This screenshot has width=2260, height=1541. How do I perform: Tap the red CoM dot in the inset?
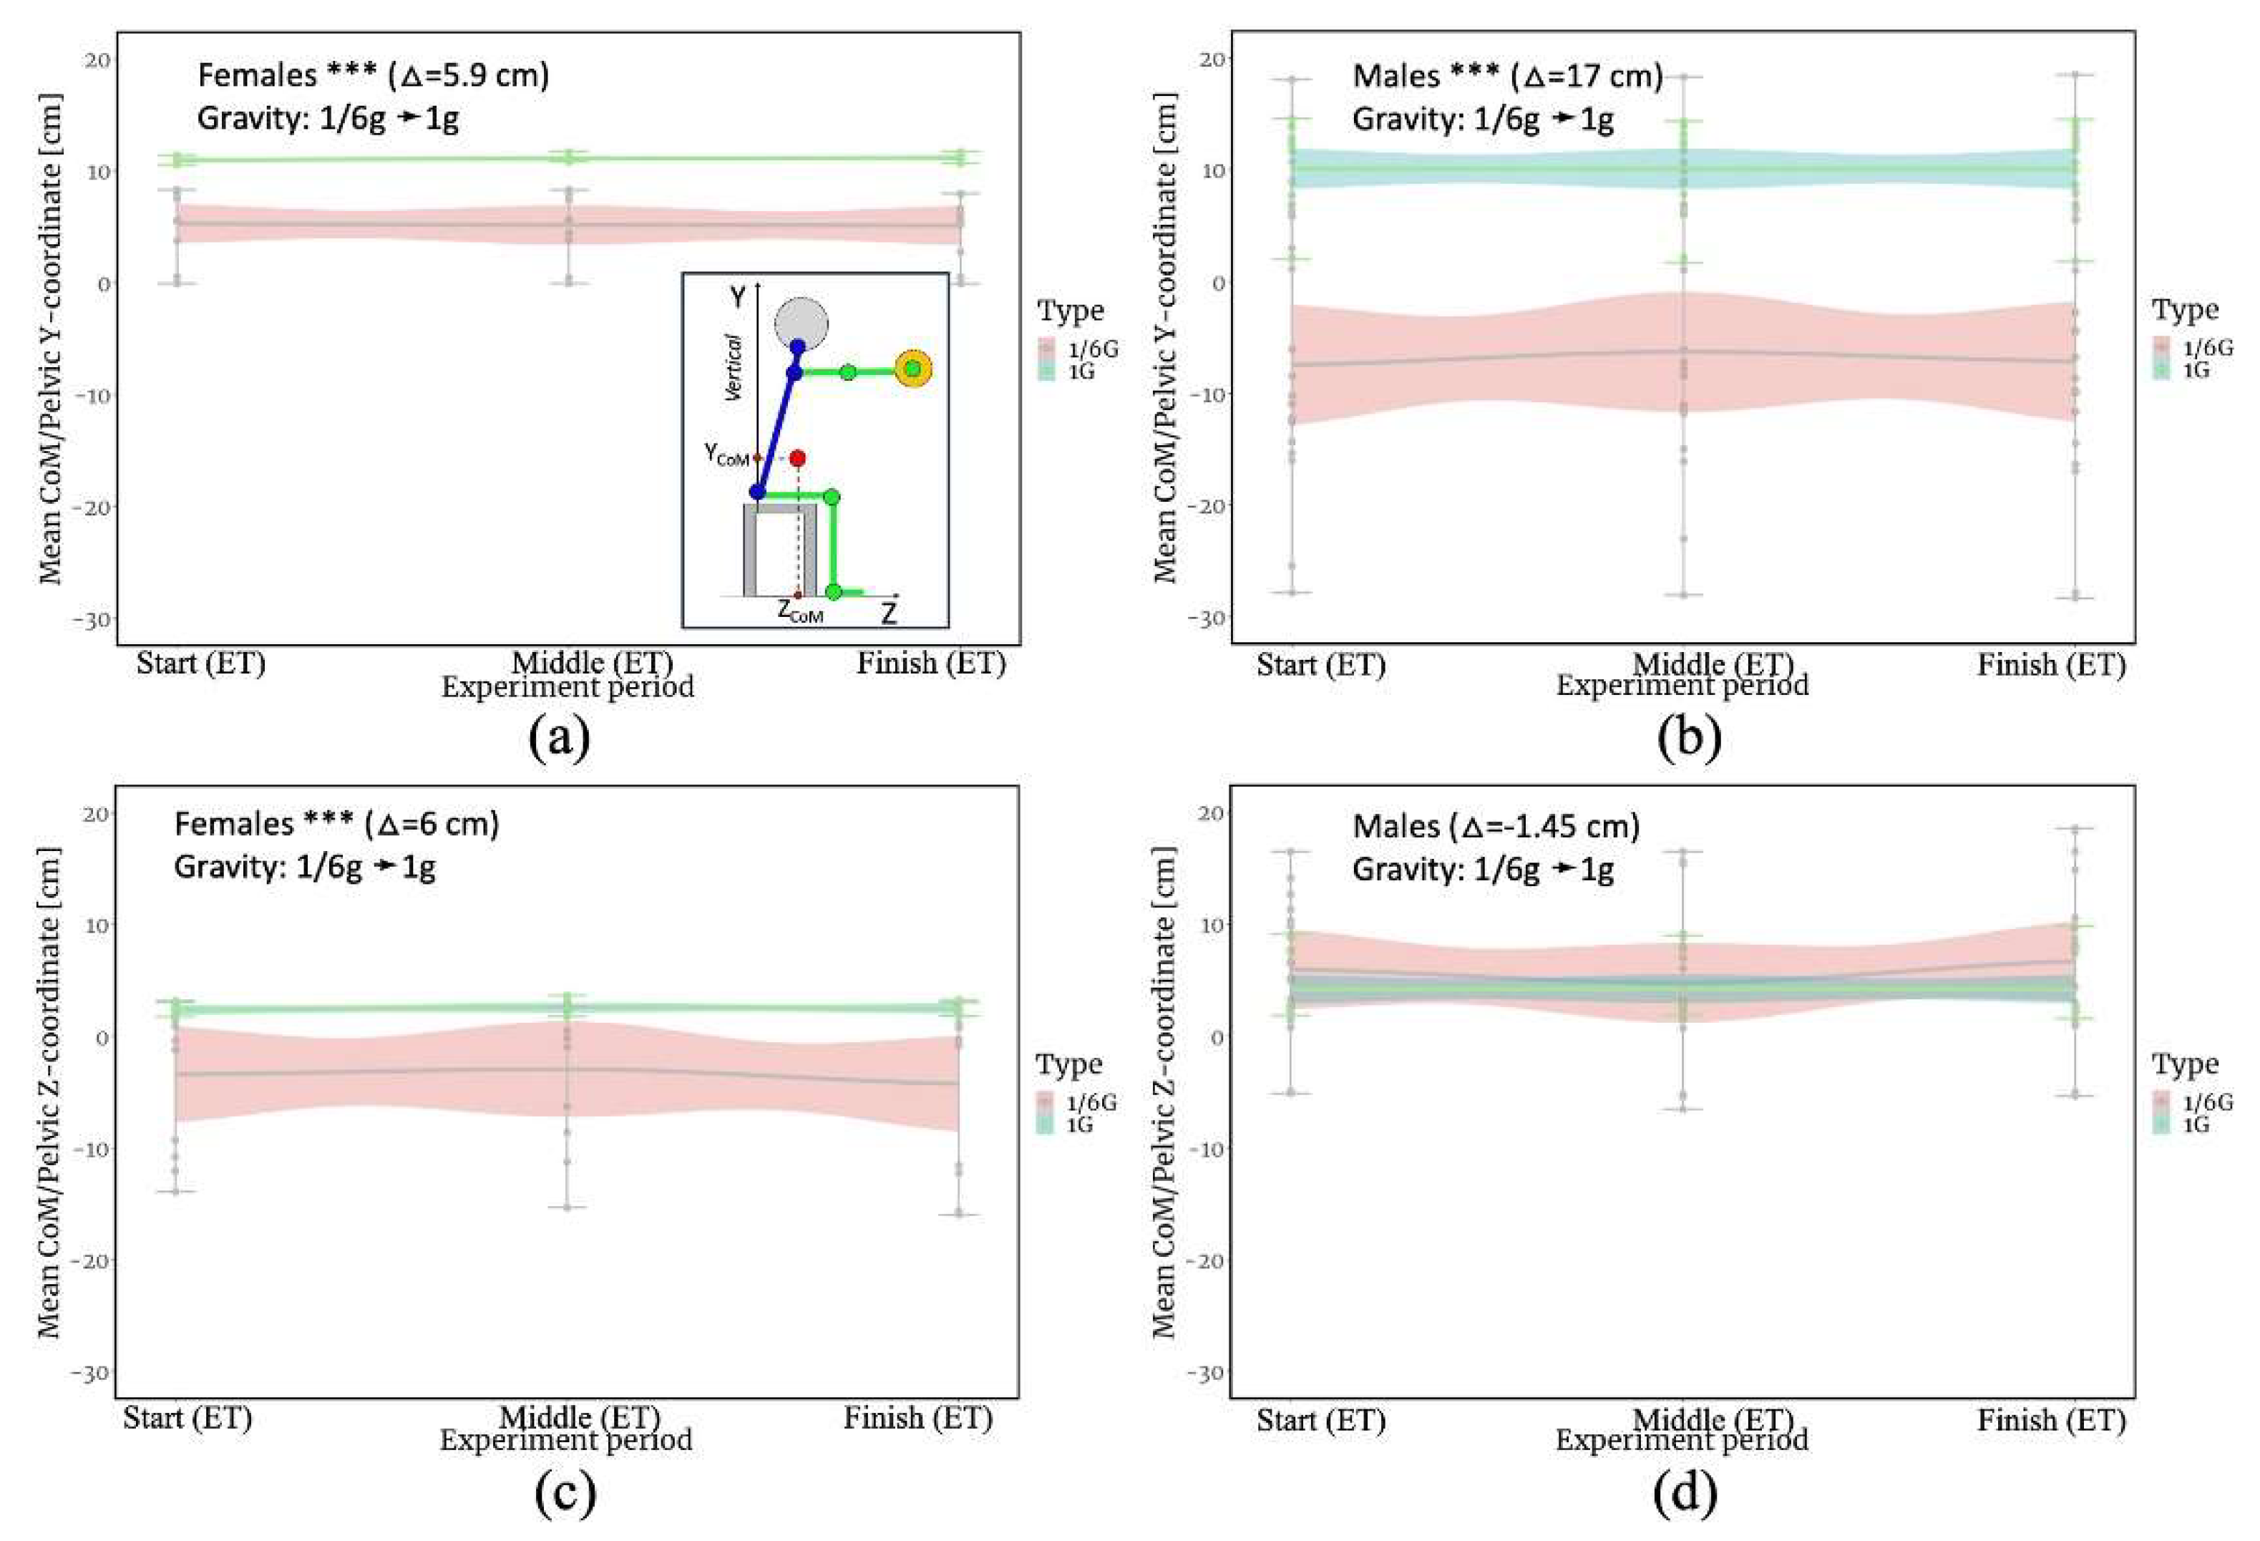[x=797, y=457]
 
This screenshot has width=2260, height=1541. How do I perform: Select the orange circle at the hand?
[x=913, y=369]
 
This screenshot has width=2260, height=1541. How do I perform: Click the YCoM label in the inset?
[x=726, y=454]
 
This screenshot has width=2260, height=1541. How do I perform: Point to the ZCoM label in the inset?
[x=799, y=613]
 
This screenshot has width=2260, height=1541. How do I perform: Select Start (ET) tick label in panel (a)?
[x=200, y=663]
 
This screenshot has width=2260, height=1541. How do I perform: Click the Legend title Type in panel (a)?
[x=1071, y=311]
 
